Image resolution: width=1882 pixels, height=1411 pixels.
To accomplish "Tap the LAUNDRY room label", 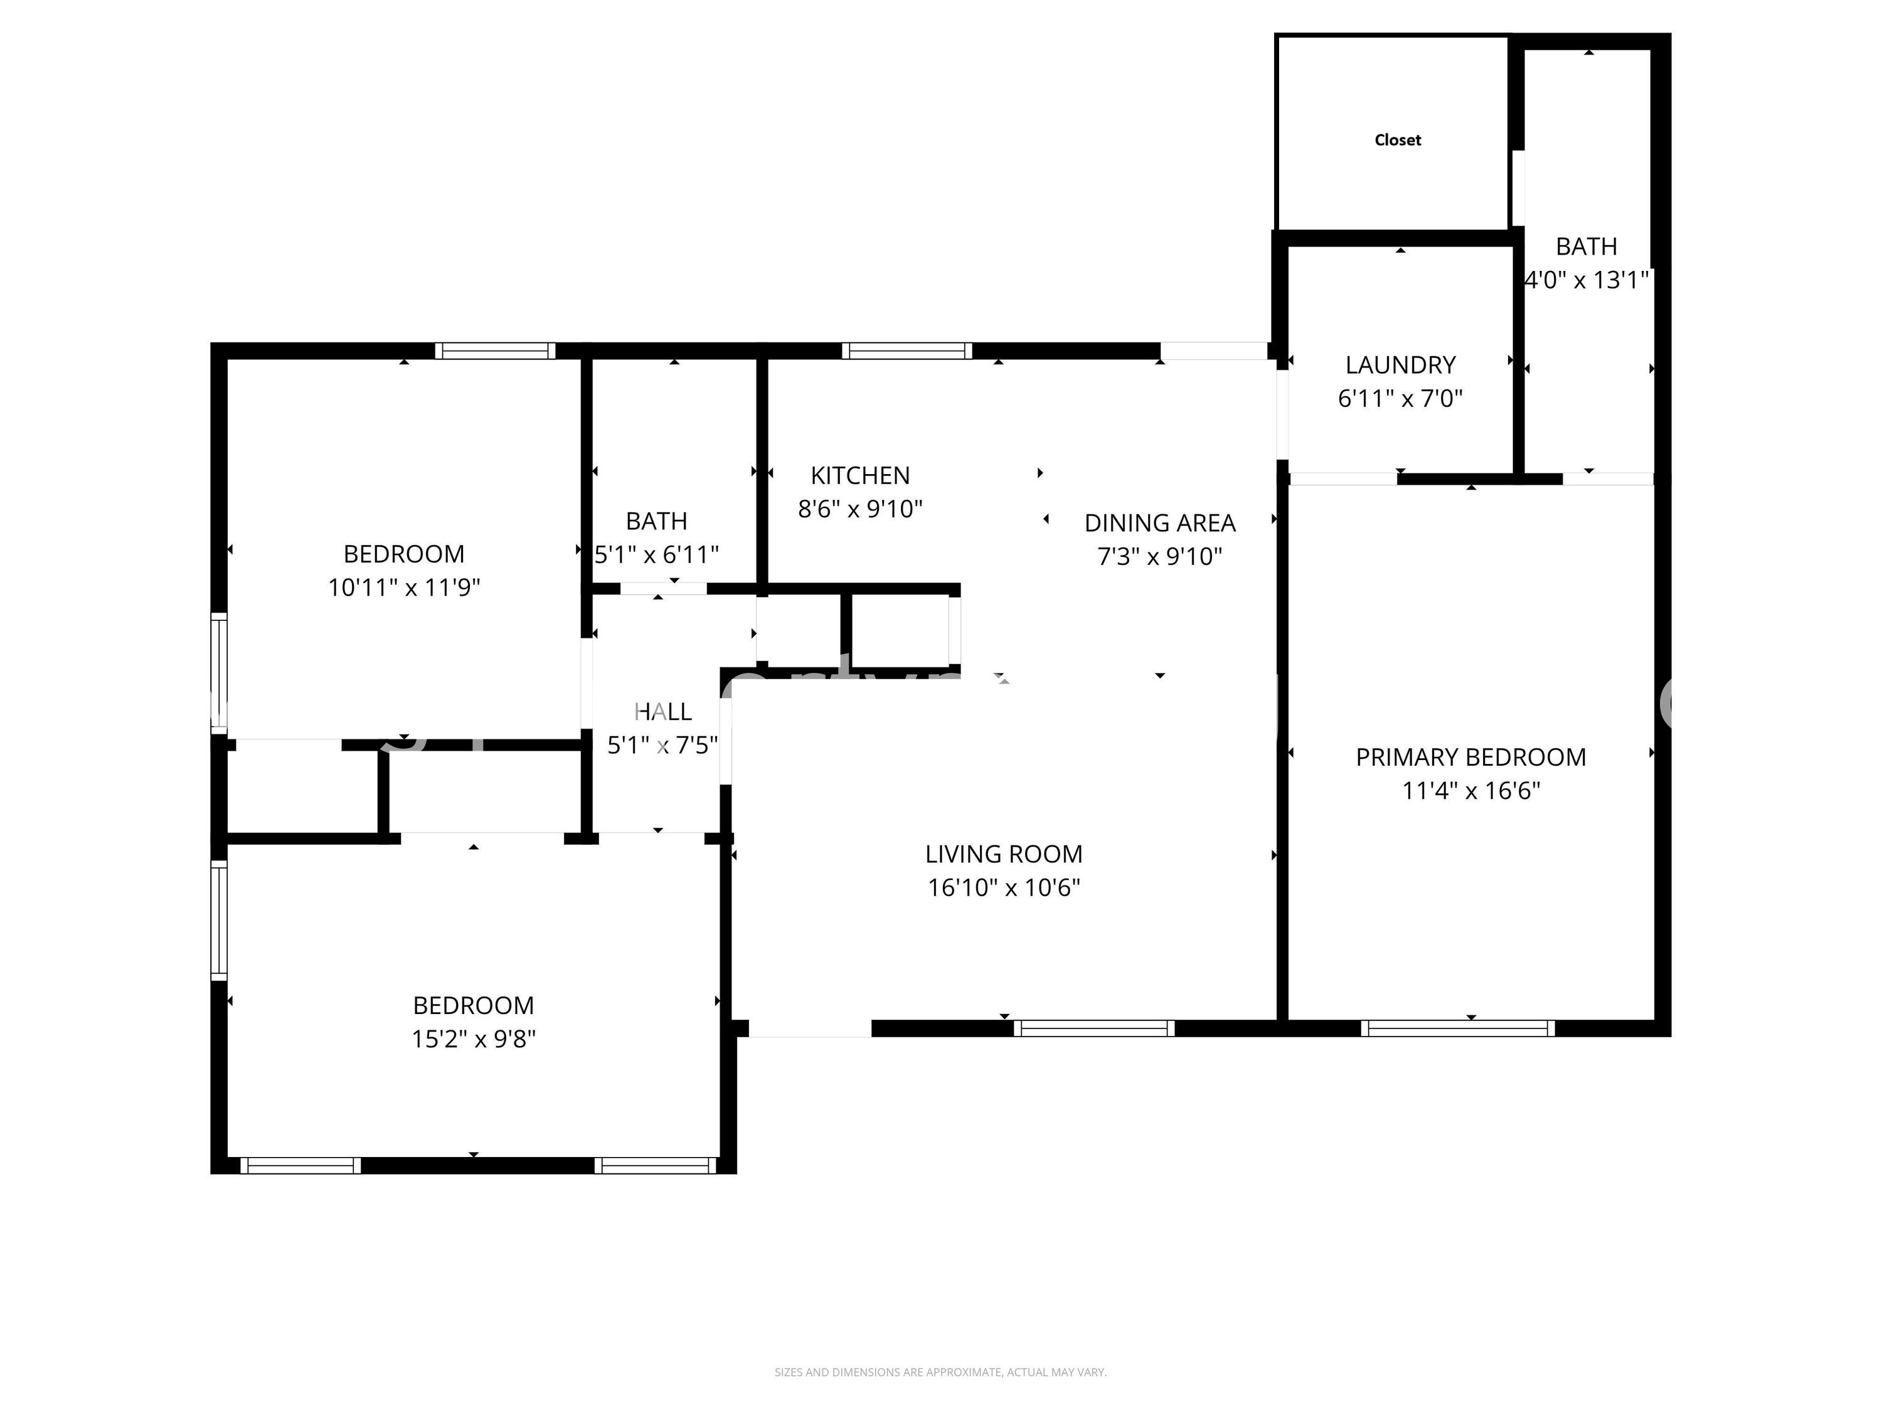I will [x=1400, y=365].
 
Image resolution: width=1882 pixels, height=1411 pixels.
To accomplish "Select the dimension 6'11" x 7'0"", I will [x=1400, y=398].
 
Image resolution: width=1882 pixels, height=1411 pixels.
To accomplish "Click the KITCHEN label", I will [x=859, y=475].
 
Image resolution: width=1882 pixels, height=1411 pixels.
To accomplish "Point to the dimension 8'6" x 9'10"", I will [x=859, y=509].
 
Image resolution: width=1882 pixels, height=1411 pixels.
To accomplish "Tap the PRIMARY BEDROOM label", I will [x=1470, y=757].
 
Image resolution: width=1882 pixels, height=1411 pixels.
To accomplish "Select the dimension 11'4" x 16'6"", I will [x=1470, y=791].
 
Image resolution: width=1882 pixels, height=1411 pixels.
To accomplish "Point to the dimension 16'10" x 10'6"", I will [x=1003, y=888].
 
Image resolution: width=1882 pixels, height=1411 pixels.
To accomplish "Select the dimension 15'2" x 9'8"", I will [x=473, y=1039].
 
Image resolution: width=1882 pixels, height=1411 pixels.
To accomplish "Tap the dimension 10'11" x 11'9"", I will [x=404, y=588].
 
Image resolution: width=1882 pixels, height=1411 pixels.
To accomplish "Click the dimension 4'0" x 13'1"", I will [x=1586, y=280].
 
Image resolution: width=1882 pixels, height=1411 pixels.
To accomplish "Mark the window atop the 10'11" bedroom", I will [x=494, y=351].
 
